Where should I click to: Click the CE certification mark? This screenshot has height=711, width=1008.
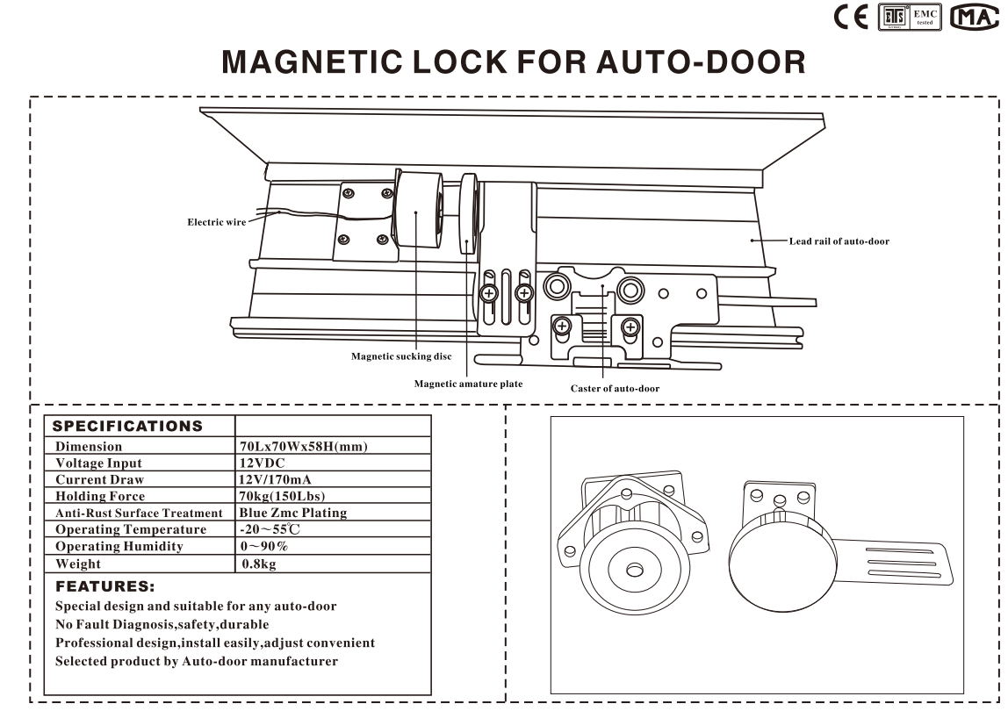coord(851,18)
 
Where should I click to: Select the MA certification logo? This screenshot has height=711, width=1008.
coord(974,18)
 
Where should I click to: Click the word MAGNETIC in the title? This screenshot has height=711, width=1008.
coord(313,61)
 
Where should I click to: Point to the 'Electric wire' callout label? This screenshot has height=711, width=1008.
coord(217,222)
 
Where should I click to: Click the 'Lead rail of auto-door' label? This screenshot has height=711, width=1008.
coord(839,241)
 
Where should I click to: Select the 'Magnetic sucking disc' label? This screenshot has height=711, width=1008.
coord(401,356)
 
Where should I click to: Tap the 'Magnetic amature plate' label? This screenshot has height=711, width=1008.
coord(468,384)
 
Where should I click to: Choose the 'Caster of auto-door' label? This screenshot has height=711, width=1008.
coord(615,388)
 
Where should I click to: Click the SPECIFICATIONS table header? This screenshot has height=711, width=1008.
coord(127,427)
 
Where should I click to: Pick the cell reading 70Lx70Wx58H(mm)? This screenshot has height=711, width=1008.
coord(304,446)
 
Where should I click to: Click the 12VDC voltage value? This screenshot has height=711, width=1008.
coord(262,463)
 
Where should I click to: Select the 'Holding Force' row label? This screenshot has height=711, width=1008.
coord(99,496)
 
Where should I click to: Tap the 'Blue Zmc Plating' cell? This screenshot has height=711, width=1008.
coord(292,513)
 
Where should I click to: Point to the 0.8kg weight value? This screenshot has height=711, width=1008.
coord(258,564)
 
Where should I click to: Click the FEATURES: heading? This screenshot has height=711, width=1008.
coord(104,586)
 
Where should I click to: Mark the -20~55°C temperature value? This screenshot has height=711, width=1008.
coord(270,529)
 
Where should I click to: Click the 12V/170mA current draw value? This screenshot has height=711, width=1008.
coord(275,479)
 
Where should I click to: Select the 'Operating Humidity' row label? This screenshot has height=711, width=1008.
coord(119,547)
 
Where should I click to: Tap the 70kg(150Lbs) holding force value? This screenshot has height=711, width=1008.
coord(282,496)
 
